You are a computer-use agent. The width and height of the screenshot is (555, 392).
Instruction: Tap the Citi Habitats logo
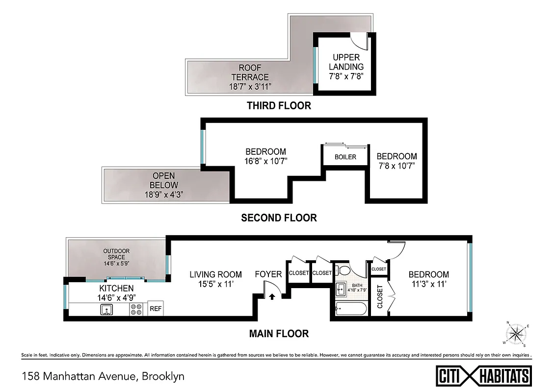484,376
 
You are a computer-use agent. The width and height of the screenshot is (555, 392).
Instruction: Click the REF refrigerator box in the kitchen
156,309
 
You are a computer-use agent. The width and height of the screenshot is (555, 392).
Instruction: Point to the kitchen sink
106,309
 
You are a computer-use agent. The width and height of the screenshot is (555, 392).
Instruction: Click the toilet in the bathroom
344,270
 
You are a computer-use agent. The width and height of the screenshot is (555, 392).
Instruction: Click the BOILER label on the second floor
345,157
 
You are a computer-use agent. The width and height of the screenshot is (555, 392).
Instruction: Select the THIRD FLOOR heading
279,105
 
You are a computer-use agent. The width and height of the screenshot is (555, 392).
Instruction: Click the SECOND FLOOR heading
279,218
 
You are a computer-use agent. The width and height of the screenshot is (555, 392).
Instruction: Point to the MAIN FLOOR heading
279,334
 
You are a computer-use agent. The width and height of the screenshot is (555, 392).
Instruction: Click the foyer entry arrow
271,295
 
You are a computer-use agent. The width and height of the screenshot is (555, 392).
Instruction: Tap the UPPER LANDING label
346,62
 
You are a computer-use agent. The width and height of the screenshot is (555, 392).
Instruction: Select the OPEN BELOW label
163,180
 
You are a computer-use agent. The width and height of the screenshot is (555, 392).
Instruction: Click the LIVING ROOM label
215,274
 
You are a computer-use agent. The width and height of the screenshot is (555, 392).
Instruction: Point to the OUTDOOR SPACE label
116,254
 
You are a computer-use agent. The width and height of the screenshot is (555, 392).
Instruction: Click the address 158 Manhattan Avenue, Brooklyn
103,376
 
